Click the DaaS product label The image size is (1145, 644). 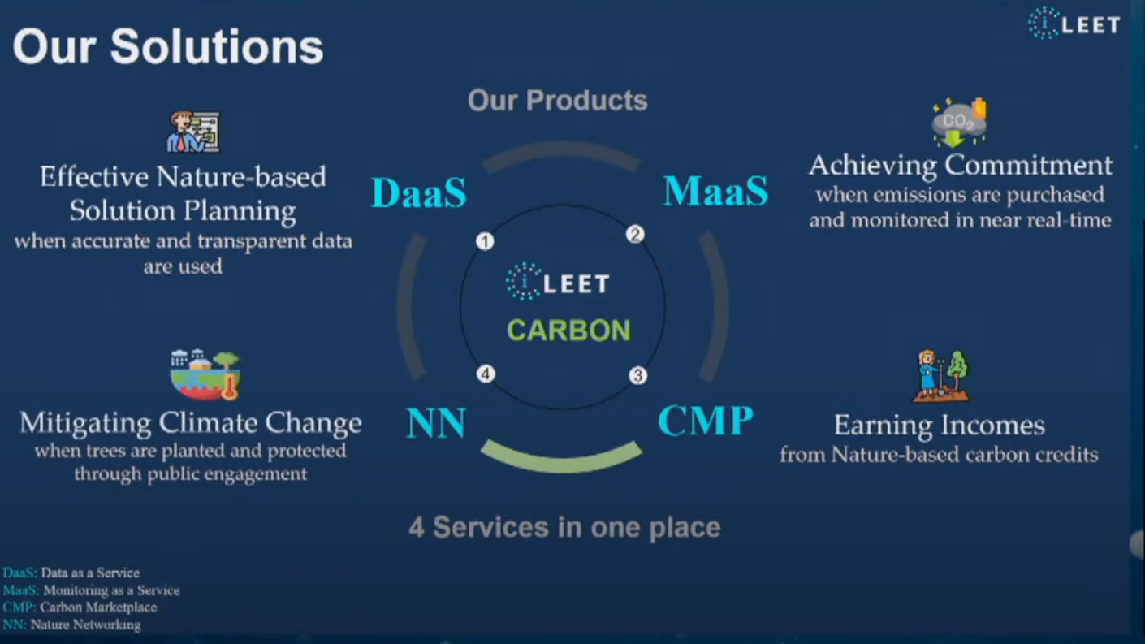tap(419, 192)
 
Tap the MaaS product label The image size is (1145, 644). tap(715, 191)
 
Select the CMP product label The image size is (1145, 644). tap(706, 421)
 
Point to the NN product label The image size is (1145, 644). tap(436, 422)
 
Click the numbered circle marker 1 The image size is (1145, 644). tap(485, 241)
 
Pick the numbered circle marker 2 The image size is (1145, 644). tap(635, 235)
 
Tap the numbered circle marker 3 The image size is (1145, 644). tap(638, 376)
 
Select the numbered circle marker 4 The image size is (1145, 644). tap(486, 374)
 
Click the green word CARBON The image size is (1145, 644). tap(569, 331)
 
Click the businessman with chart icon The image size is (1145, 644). tap(193, 132)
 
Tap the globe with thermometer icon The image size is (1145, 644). tap(205, 374)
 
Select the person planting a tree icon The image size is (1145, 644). tap(941, 376)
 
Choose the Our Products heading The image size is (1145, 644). tap(558, 100)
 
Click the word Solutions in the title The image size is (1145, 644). tap(217, 46)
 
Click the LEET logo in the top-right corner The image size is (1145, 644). tap(1074, 24)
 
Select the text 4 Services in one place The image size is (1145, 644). tap(565, 528)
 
